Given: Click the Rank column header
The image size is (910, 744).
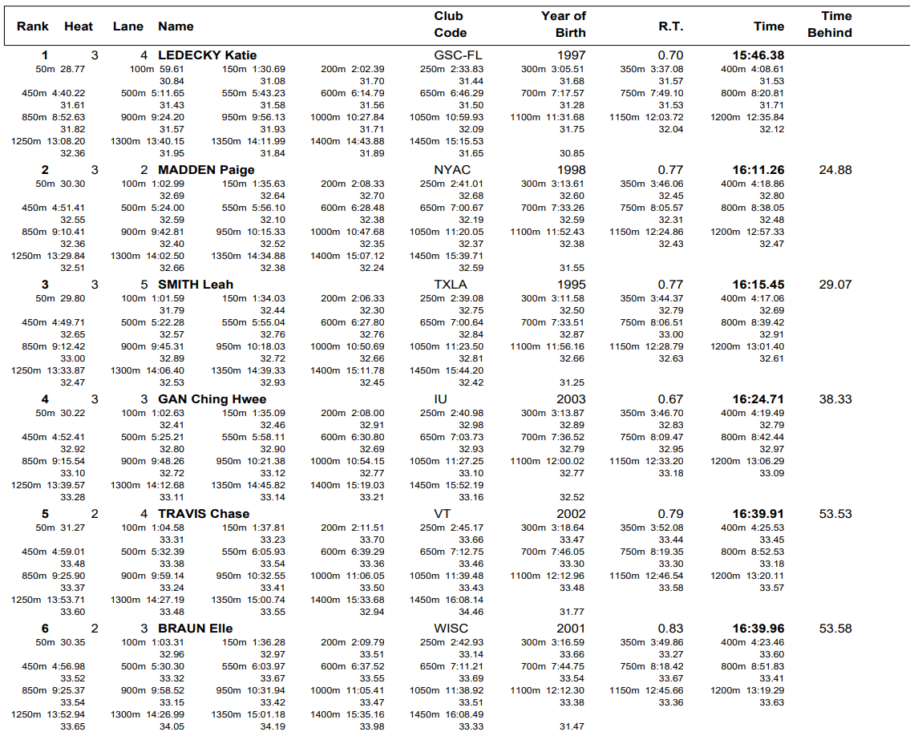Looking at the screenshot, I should pyautogui.click(x=33, y=26).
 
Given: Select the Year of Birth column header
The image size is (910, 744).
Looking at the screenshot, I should pyautogui.click(x=564, y=24).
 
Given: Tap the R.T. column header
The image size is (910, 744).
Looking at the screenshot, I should pyautogui.click(x=670, y=26).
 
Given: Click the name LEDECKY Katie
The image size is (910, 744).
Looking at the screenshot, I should pyautogui.click(x=207, y=55).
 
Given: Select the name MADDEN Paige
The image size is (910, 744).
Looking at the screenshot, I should pyautogui.click(x=206, y=170).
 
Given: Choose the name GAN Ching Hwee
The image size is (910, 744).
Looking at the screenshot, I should pyautogui.click(x=212, y=399).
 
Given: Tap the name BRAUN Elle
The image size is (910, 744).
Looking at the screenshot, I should pyautogui.click(x=195, y=629).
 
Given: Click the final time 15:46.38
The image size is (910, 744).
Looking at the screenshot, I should pyautogui.click(x=758, y=55).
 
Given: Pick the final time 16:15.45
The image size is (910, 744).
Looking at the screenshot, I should pyautogui.click(x=758, y=285).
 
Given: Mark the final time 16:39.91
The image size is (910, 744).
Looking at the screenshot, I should pyautogui.click(x=758, y=514).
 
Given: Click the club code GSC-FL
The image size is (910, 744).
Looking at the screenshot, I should pyautogui.click(x=458, y=55).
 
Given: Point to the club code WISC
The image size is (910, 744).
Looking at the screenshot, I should pyautogui.click(x=452, y=629).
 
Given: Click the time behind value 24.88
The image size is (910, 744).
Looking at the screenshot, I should pyautogui.click(x=835, y=170).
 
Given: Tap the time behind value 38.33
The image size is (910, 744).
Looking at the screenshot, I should pyautogui.click(x=835, y=399).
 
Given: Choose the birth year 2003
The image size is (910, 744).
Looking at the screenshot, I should pyautogui.click(x=571, y=399).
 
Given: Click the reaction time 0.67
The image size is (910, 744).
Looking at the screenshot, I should pyautogui.click(x=670, y=399).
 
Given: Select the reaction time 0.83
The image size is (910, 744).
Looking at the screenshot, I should pyautogui.click(x=670, y=629).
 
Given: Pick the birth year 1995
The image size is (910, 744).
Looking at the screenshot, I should pyautogui.click(x=571, y=285).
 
